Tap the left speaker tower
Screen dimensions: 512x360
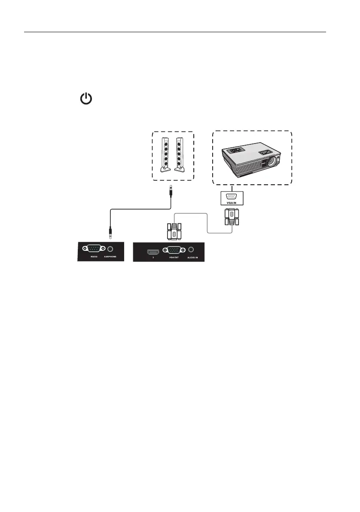pyautogui.click(x=165, y=154)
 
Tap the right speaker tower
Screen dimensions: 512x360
pyautogui.click(x=179, y=154)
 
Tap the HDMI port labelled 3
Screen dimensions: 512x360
pyautogui.click(x=151, y=250)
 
